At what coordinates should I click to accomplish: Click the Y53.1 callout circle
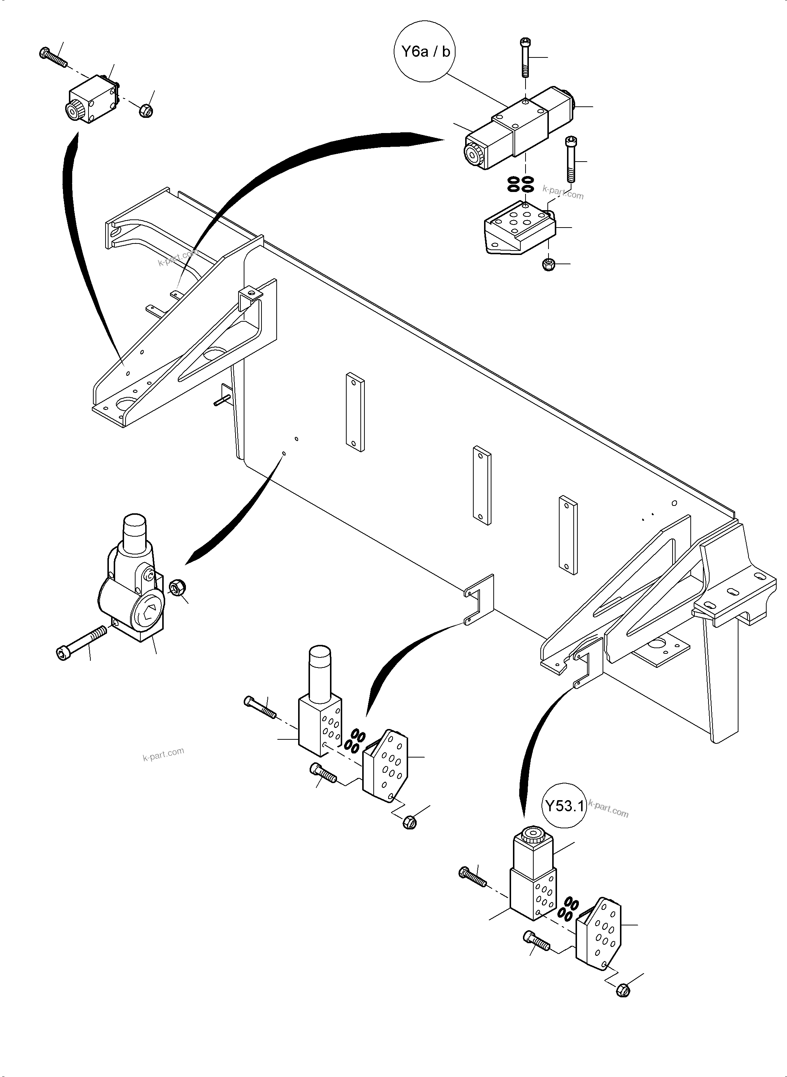pyautogui.click(x=564, y=806)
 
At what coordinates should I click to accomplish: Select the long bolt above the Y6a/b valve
pyautogui.click(x=524, y=57)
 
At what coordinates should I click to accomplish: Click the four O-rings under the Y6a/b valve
pyautogui.click(x=520, y=184)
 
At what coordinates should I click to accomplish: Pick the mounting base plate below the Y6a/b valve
pyautogui.click(x=519, y=228)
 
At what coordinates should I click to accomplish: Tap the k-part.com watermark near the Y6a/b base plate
pyautogui.click(x=563, y=192)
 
